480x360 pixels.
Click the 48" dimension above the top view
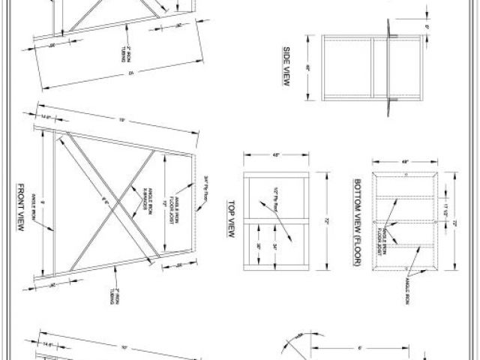[x=276, y=155]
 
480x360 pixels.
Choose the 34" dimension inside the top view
[x=277, y=246]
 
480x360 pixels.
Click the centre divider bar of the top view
[x=276, y=223]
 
